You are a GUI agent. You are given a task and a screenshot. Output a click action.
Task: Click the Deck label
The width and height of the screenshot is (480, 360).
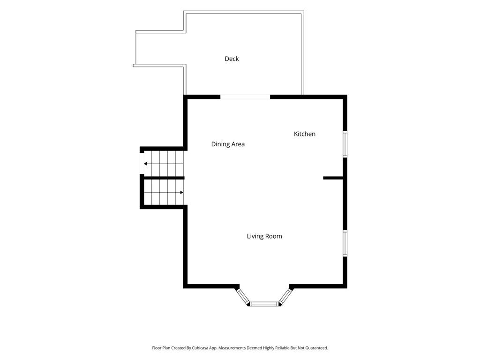(x=232, y=59)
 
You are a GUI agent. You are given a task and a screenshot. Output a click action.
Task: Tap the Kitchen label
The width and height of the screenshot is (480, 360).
(x=304, y=134)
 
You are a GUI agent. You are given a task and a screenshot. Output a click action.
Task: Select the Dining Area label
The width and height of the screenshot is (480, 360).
(x=228, y=144)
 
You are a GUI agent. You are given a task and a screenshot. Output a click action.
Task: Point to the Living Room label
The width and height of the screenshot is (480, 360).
(x=264, y=236)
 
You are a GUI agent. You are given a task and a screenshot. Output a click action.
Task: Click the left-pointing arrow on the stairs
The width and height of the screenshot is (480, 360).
(x=164, y=164)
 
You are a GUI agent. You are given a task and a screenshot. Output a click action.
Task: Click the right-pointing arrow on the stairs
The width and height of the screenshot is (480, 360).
(x=164, y=193)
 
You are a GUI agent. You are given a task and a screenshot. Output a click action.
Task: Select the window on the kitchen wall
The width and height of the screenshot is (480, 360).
(x=345, y=144)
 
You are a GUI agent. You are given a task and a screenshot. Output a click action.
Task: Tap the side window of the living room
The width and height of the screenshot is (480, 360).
(x=345, y=243)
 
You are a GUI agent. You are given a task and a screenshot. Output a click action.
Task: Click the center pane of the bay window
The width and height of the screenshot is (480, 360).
(x=264, y=304)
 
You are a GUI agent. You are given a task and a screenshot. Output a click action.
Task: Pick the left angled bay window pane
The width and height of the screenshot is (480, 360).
(x=243, y=296)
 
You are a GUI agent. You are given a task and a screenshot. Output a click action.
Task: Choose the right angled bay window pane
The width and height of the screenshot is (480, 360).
(x=285, y=296)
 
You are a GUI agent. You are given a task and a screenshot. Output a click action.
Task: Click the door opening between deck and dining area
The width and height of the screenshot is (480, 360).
(x=245, y=97)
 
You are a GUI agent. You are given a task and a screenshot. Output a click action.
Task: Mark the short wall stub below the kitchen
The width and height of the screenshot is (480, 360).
(x=333, y=178)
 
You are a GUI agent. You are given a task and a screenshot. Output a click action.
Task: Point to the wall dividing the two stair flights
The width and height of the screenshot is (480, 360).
(x=164, y=178)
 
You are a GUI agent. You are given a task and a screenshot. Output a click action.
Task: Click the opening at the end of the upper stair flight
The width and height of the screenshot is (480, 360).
(x=142, y=164)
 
